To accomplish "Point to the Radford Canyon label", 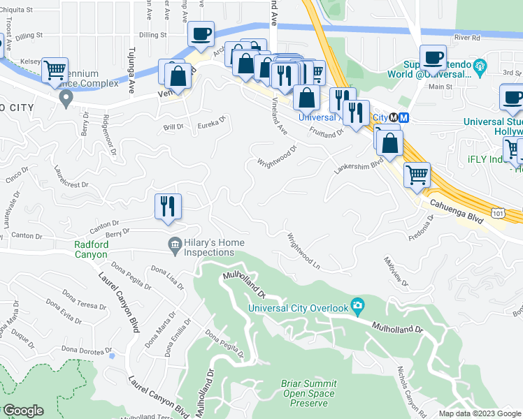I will (x=92, y=249).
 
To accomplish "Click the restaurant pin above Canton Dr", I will (x=168, y=206).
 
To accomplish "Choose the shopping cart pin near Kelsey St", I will (x=54, y=71).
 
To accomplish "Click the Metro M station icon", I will (x=403, y=117).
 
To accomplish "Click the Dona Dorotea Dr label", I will (x=86, y=348).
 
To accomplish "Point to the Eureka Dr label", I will (x=213, y=124).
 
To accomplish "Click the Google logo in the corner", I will (x=22, y=411).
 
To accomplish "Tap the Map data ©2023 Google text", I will (x=479, y=413).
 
